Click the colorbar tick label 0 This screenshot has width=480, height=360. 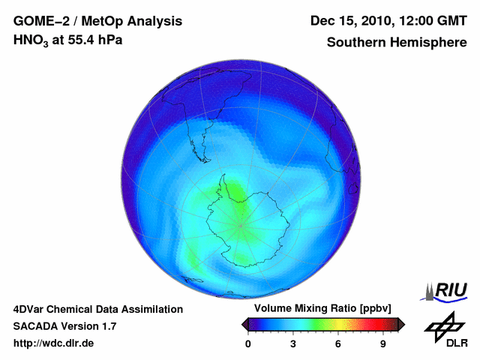248,343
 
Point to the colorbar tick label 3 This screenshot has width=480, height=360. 293,343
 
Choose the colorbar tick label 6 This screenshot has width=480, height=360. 338,343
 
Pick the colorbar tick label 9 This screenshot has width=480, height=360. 383,343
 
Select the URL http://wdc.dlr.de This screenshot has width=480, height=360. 54,343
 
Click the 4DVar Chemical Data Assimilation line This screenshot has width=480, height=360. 97,309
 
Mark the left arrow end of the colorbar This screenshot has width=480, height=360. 244,324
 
